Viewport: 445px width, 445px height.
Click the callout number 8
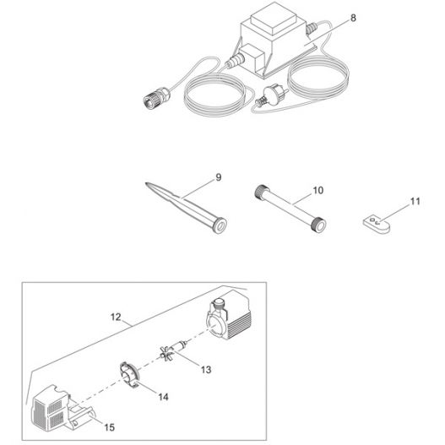click(x=353, y=19)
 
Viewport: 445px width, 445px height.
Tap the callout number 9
click(x=218, y=177)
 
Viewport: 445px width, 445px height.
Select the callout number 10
click(x=317, y=191)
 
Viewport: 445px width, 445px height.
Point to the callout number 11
click(x=415, y=202)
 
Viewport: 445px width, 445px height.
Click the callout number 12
click(x=116, y=317)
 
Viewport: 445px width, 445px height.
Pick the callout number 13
click(x=206, y=370)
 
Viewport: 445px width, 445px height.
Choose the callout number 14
click(x=163, y=397)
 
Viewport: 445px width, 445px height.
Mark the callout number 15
click(x=109, y=427)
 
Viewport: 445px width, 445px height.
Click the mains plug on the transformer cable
click(x=271, y=96)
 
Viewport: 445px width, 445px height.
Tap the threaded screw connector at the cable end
click(x=156, y=96)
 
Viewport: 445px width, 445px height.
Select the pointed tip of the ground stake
click(x=146, y=184)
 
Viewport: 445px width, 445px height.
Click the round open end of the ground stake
click(x=220, y=225)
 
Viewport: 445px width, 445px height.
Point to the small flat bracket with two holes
click(x=377, y=225)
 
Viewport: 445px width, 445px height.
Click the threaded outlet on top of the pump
click(x=219, y=304)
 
